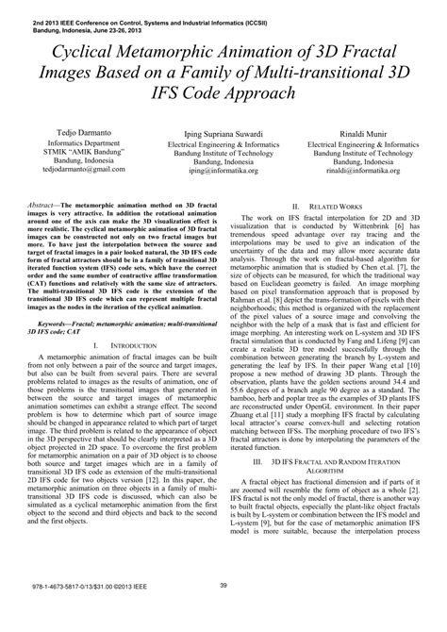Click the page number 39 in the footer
[223, 614]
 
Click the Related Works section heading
[337, 206]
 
